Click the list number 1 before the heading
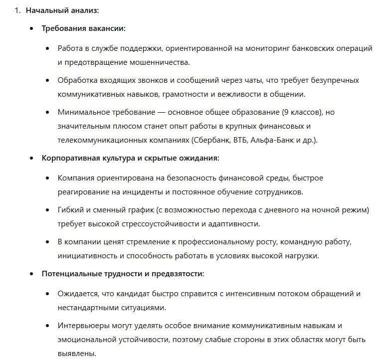tap(16, 10)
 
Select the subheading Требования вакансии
tap(83, 28)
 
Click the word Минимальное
tap(81, 112)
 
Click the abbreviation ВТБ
tap(242, 140)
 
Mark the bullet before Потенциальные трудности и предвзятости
tap(31, 274)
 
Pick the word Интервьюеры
tap(81, 326)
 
